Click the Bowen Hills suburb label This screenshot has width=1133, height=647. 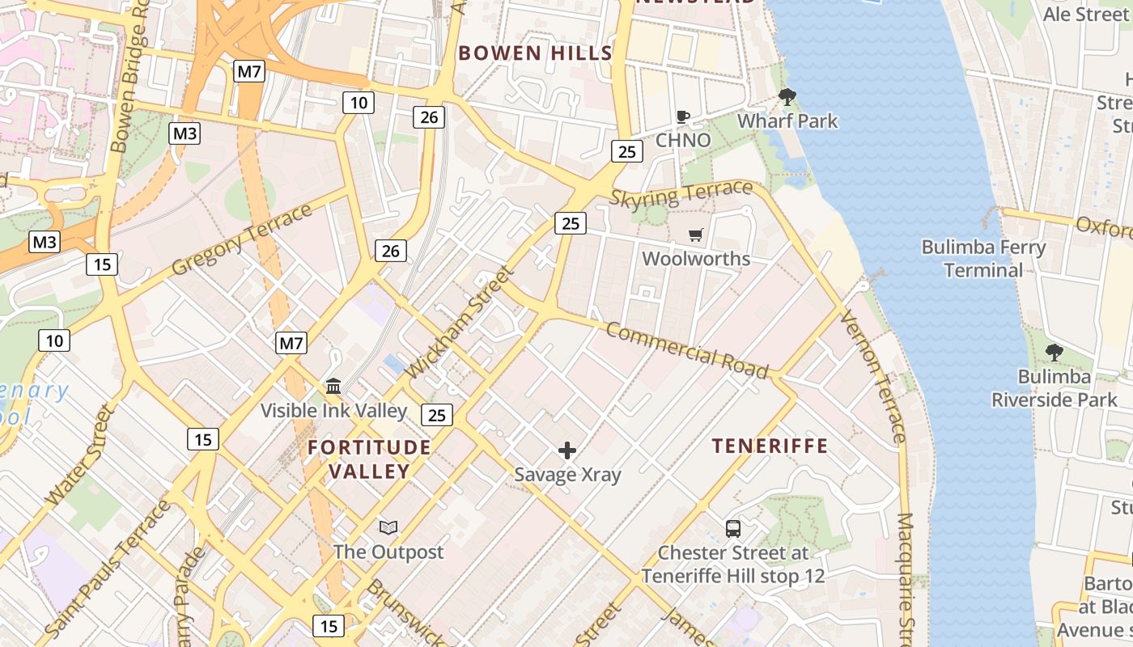pos(535,53)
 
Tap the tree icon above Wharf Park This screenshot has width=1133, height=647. pos(787,98)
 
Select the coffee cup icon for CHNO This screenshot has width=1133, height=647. pos(683,116)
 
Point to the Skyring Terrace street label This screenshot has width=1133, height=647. pos(681,194)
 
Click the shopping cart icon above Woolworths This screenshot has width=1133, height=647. pos(695,235)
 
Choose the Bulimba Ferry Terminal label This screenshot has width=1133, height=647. pos(983,258)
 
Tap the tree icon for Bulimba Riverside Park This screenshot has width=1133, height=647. pos(1054,352)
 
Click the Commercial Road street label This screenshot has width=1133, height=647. pos(686,350)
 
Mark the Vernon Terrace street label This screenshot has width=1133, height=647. pos(872,376)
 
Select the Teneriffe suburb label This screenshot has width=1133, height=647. pos(770,446)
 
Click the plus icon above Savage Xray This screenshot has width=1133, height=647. pos(567,450)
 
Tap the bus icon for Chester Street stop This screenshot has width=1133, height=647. pos(733,529)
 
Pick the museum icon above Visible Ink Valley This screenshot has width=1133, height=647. pos(333,387)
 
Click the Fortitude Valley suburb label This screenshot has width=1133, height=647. pos(369,459)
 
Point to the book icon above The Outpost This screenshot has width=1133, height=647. pos(388,528)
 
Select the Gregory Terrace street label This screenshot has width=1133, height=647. pos(242,239)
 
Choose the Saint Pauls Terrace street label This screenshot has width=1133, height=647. pos(108,568)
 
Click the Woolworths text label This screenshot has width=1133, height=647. pos(696,259)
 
